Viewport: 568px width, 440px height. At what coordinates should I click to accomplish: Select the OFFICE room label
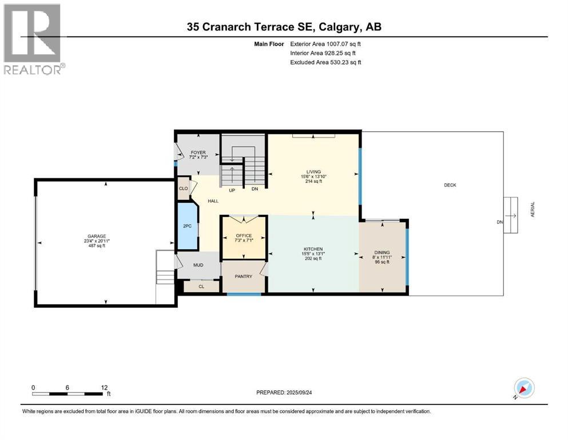(x=244, y=235)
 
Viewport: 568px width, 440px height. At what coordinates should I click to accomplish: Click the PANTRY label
(x=244, y=277)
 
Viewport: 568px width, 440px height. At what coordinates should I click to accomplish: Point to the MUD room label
(x=198, y=266)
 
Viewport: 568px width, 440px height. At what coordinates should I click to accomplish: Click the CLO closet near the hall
(x=184, y=188)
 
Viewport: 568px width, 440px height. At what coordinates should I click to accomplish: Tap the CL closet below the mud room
(x=201, y=286)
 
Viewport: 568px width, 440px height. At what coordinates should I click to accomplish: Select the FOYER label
(x=198, y=153)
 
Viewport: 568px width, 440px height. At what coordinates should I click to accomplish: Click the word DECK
(x=450, y=185)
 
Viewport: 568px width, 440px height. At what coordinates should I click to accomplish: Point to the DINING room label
(x=382, y=253)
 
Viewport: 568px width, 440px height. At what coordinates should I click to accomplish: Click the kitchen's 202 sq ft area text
(x=313, y=259)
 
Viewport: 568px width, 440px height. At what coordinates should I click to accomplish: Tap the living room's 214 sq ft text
(x=313, y=181)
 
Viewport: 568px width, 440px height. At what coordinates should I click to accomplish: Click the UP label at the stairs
(x=232, y=190)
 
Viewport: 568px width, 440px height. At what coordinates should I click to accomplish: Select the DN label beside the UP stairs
(x=255, y=190)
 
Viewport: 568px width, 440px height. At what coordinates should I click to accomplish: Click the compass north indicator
(x=524, y=389)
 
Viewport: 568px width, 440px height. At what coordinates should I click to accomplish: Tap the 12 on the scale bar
(x=104, y=387)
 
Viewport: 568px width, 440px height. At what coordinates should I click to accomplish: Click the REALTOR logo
(x=33, y=39)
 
